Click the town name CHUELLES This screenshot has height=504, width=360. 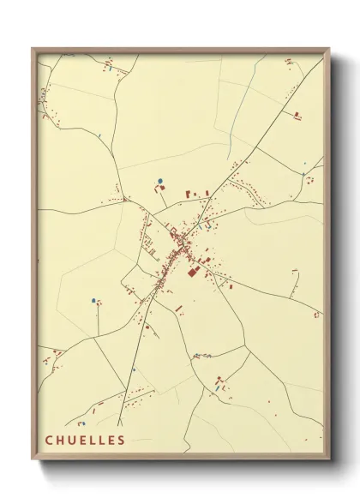(x=86, y=441)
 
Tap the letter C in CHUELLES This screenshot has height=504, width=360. (x=50, y=441)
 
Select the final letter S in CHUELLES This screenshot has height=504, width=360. (x=122, y=441)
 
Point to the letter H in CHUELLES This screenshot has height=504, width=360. (x=61, y=441)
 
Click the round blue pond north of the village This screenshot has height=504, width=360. (x=160, y=181)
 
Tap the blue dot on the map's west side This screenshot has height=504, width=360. (x=93, y=300)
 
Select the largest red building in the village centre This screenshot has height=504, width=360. (x=192, y=272)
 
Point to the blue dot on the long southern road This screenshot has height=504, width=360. (x=133, y=369)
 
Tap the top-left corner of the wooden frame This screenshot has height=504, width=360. (x=33, y=48)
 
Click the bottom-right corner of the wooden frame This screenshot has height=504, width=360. (x=330, y=460)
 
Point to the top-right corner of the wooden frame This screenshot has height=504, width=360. (x=330, y=48)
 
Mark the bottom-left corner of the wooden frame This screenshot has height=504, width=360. (x=33, y=460)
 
